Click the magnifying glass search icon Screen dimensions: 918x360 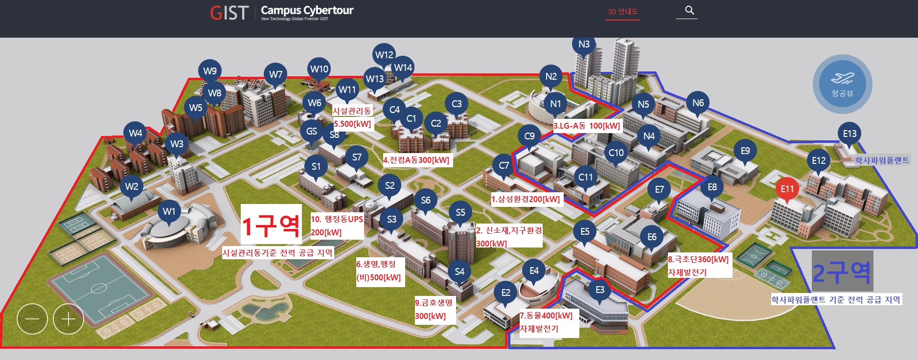coord(689,10)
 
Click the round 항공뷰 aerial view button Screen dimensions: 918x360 coord(842,84)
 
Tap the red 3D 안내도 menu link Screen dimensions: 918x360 coord(622,11)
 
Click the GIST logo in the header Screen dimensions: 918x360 coord(229,13)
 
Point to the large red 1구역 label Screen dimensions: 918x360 coord(271,225)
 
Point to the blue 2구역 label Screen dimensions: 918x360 coord(842,272)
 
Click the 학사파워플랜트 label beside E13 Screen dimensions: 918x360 coord(882,160)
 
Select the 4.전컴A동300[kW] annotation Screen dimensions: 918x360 coord(416,160)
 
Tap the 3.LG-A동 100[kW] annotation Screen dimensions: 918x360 coord(587,126)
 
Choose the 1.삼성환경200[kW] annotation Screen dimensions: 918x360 coord(526,199)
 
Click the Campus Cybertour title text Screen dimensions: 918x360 coord(307,10)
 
